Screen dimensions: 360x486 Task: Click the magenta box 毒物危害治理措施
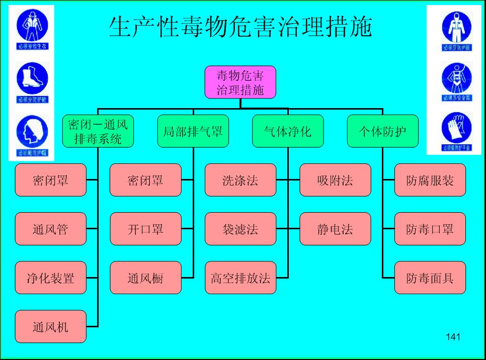240,82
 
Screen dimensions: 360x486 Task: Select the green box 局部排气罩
193,131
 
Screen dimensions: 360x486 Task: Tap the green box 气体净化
288,131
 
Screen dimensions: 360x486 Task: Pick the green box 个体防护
382,131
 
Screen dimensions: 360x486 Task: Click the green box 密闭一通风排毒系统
98,131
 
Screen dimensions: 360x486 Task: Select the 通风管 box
50,229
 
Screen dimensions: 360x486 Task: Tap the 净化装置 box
50,278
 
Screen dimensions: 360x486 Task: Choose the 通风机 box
50,327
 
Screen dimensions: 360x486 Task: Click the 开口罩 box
145,229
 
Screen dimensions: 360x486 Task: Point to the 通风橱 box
145,278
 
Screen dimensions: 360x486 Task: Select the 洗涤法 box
240,180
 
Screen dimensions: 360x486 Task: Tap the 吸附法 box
335,180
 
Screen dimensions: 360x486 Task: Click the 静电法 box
335,229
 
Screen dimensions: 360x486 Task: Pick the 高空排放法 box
240,278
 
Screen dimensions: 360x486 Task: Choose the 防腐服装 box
430,180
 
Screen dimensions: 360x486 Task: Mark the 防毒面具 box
430,278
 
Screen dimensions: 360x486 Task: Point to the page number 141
453,337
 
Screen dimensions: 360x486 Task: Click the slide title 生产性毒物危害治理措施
240,28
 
